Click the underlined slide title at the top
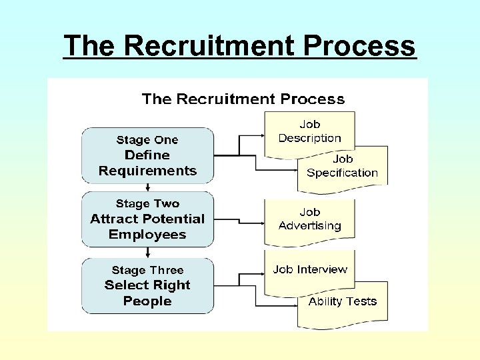pos(240,46)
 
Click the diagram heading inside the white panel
pos(243,99)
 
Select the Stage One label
pos(147,140)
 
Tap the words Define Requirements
pos(147,163)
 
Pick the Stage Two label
pos(147,203)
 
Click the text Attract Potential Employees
pos(147,227)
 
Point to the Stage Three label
pos(147,270)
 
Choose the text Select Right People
pos(147,293)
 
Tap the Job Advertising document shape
pos(309,219)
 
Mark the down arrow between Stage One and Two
pos(147,189)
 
